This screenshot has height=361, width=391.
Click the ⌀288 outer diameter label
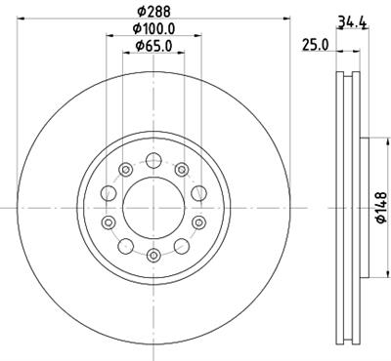point(153,12)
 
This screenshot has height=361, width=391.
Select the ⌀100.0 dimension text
point(153,28)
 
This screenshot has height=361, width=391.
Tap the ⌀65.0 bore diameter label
point(153,46)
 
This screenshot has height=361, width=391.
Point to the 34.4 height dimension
point(353,22)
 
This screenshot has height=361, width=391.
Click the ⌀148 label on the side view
point(381,208)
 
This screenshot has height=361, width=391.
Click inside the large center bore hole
point(153,208)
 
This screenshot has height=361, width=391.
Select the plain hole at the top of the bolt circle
point(153,161)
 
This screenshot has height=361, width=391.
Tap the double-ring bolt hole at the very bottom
point(153,255)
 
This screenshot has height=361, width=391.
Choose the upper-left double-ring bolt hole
point(125,170)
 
